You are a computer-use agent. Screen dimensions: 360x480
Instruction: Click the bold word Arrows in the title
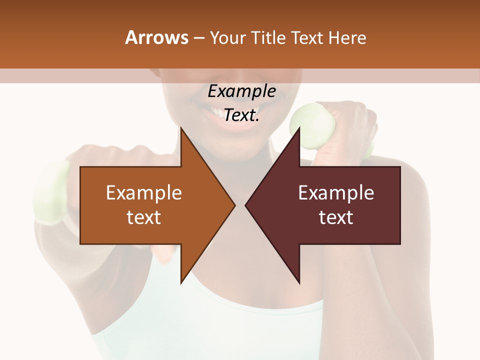click(x=157, y=38)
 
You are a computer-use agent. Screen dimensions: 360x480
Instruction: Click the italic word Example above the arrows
click(x=242, y=91)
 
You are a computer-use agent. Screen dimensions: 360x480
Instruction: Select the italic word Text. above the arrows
click(x=242, y=115)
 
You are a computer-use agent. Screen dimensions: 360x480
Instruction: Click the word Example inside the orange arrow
click(x=144, y=193)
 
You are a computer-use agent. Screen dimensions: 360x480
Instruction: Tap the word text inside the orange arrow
click(x=144, y=217)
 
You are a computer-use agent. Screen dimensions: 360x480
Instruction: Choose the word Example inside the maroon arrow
click(x=336, y=193)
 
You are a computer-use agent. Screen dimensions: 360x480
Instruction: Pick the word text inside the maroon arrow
click(x=336, y=217)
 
